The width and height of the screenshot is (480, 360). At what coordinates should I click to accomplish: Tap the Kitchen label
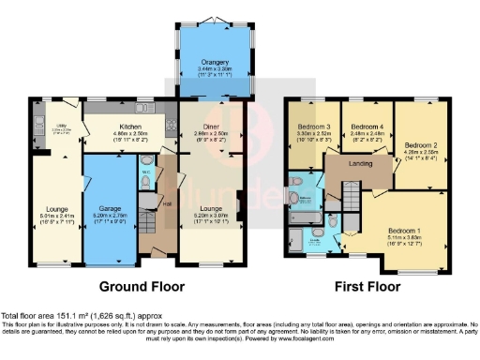pyautogui.click(x=122, y=126)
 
